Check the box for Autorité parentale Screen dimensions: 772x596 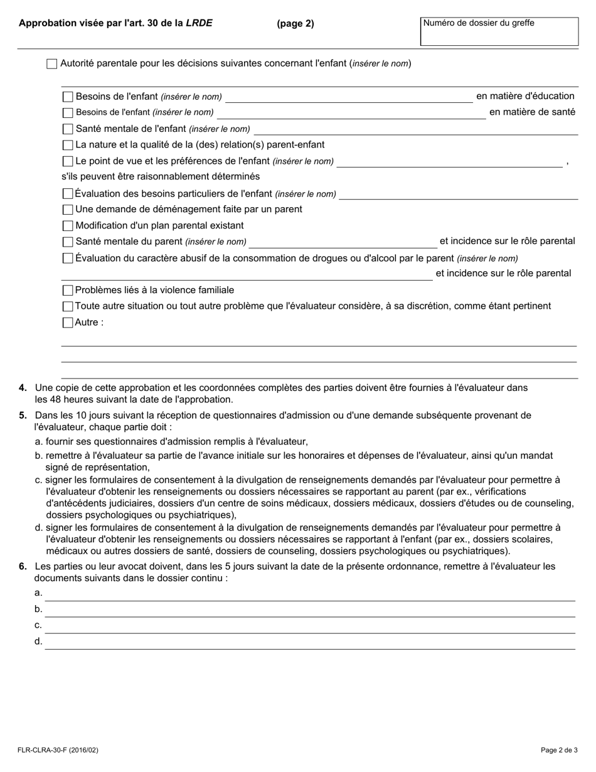click(52, 64)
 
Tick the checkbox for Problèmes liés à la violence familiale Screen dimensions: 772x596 click(68, 291)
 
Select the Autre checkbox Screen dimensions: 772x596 click(68, 323)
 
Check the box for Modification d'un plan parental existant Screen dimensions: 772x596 click(68, 226)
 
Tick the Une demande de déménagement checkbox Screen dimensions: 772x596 click(68, 210)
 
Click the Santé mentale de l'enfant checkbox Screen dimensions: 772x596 click(68, 129)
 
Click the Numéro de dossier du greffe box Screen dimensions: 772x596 click(499, 31)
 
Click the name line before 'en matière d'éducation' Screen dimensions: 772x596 click(348, 97)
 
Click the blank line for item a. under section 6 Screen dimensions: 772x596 click(310, 594)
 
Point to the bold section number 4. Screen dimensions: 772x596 click(23, 389)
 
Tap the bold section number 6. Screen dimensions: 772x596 click(23, 567)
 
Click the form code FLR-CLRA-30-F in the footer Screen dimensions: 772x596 click(58, 750)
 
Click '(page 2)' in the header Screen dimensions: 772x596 click(295, 24)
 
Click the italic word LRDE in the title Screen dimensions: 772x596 click(199, 23)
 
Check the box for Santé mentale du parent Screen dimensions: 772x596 click(68, 242)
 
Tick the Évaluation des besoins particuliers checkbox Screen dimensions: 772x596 click(68, 194)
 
